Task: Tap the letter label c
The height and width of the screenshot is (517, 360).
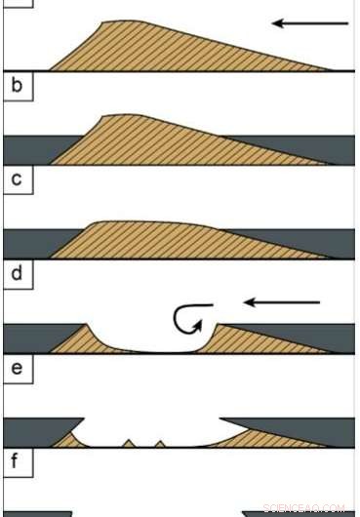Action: (16, 179)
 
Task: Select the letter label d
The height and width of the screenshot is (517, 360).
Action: (16, 272)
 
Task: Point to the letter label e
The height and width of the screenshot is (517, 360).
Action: (16, 368)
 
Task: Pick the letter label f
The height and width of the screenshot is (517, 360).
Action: (16, 461)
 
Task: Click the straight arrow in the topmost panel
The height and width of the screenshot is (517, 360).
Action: (308, 22)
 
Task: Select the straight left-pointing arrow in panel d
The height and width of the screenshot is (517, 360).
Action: (281, 302)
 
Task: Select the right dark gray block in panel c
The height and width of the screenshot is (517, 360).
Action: (337, 242)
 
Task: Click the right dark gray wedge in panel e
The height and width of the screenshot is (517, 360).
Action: (302, 427)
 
